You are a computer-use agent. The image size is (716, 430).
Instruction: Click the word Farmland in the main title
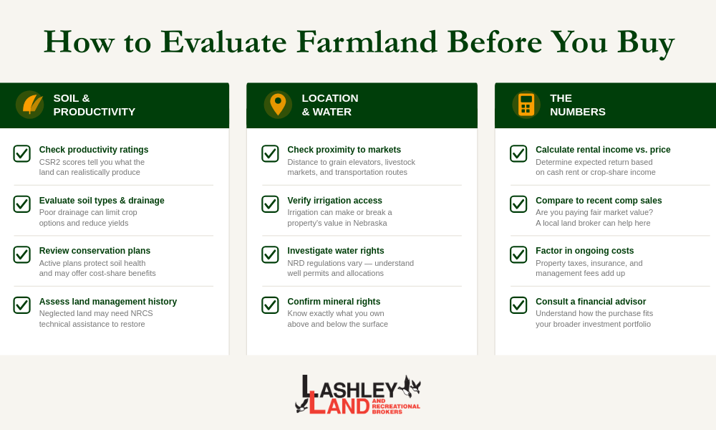[x=367, y=42]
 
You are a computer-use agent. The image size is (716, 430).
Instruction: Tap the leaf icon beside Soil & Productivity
[x=29, y=105]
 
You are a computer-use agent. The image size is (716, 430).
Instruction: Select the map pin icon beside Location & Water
[x=278, y=105]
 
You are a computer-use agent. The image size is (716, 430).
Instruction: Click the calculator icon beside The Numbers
[x=526, y=105]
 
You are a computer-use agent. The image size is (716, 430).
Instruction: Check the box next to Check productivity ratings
[x=21, y=153]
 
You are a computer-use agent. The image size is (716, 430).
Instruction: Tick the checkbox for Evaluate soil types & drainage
[x=21, y=204]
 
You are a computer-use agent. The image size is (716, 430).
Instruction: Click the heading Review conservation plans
[x=95, y=251]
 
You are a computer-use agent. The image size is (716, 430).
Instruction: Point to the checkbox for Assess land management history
[x=21, y=305]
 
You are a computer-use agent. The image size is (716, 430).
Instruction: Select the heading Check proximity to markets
[x=344, y=150]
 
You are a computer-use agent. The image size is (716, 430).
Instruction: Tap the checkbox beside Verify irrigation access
[x=270, y=204]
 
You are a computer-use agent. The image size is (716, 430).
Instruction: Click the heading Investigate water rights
[x=335, y=251]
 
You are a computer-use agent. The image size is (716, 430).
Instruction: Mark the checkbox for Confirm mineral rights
[x=270, y=305]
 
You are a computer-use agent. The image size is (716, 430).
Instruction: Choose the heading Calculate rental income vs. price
[x=603, y=150]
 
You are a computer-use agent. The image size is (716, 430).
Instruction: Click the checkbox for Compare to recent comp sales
[x=518, y=204]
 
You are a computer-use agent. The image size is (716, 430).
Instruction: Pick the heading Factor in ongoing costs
[x=584, y=251]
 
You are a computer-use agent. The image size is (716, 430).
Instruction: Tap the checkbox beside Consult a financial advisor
[x=518, y=305]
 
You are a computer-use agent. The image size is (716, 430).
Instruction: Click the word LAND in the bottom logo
[x=339, y=406]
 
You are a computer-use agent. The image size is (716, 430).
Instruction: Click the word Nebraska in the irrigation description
[x=369, y=223]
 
